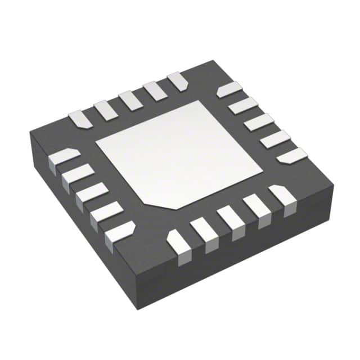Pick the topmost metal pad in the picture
(178, 80)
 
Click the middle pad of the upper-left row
(130, 100)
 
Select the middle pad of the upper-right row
(258, 121)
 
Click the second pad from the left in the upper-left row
(106, 110)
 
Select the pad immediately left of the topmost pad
(155, 91)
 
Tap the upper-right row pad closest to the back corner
(229, 89)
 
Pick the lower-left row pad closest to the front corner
(119, 233)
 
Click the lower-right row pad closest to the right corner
(282, 198)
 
